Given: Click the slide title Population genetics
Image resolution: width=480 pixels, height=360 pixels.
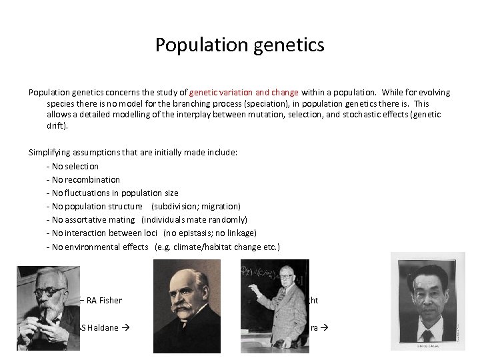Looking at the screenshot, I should [239, 45].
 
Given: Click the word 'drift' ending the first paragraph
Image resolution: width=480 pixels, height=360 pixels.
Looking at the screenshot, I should [56, 125].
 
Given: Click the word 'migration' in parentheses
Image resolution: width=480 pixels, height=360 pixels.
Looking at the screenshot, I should [219, 207].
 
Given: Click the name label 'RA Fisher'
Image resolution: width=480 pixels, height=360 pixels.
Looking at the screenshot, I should [104, 300].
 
